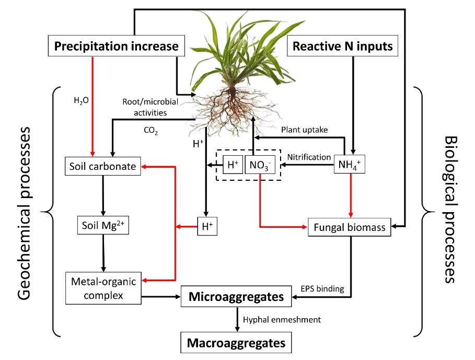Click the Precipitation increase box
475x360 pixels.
coord(117,46)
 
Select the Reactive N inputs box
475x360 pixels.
coord(342,46)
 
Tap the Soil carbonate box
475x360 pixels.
coord(103,167)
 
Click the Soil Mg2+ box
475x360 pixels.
coord(102,226)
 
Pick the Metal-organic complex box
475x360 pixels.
coord(103,288)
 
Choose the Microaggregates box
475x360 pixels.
coord(236,297)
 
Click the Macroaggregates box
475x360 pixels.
coord(236,343)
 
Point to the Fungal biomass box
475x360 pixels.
coord(350,227)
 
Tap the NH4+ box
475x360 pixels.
coord(349,166)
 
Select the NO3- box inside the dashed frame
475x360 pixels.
coord(259,166)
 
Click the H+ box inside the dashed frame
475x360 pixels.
coord(233,166)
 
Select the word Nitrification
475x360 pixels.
coord(309,157)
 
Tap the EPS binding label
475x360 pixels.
coord(322,288)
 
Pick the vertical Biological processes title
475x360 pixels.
coord(450,209)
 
